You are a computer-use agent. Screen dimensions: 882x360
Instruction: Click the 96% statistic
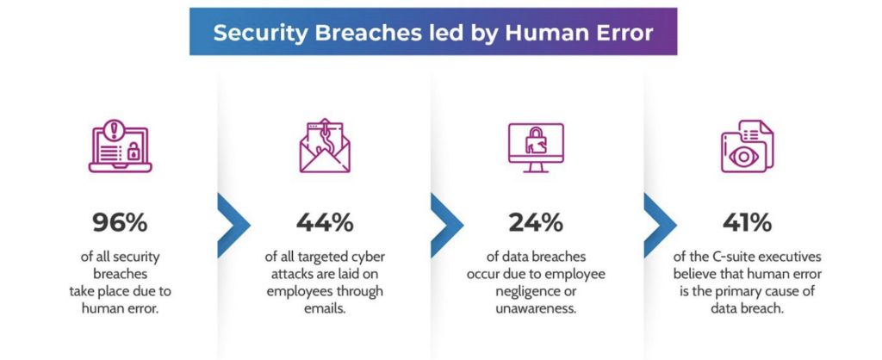120,223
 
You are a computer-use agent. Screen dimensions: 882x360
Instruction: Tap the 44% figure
325,223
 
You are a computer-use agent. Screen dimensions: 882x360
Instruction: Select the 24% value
536,223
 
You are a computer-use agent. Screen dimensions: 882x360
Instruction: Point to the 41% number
747,223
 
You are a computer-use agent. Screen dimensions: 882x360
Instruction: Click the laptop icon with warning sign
121,146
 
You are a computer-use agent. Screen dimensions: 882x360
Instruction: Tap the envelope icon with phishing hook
325,146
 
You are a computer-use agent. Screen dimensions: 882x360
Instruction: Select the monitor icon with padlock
536,147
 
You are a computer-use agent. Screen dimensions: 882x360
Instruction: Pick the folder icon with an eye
747,146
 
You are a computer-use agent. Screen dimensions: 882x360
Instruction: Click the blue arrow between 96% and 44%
233,225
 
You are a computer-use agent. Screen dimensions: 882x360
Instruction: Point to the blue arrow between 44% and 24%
447,225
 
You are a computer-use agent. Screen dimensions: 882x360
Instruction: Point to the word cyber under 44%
370,258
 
